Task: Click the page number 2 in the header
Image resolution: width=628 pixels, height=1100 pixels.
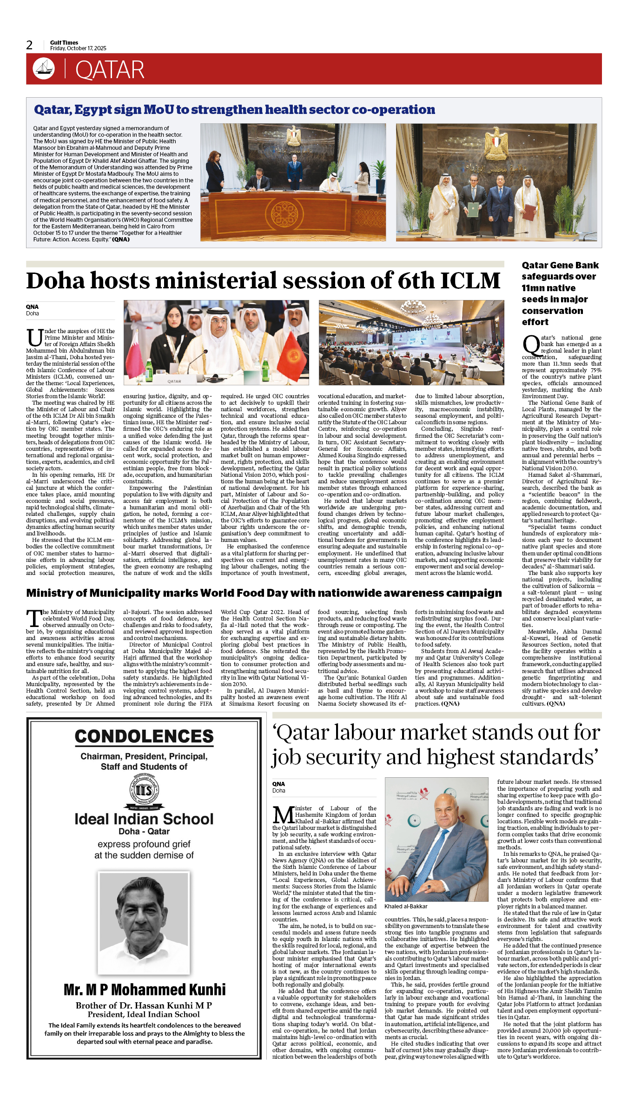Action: coord(29,45)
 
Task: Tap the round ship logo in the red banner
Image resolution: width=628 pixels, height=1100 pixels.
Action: coord(44,68)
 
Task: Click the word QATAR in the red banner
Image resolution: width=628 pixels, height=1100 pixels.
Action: coord(110,70)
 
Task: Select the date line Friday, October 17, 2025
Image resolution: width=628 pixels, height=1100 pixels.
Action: coord(78,48)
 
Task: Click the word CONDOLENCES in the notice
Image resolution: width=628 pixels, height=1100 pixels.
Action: coord(144,736)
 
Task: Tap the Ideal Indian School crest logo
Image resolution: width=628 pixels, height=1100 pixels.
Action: coord(144,791)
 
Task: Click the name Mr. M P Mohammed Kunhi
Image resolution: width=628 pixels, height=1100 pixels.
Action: coord(145,990)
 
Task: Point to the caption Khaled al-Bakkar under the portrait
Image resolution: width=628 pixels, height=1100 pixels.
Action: coord(406,907)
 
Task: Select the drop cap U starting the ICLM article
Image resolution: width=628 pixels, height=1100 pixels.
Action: coord(34,338)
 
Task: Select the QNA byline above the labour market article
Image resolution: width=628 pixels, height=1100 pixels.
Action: coord(278,784)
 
